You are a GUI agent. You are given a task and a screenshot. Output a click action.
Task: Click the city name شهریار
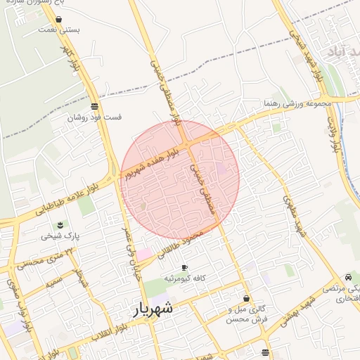(153, 309)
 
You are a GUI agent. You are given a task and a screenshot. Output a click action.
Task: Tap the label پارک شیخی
(60, 236)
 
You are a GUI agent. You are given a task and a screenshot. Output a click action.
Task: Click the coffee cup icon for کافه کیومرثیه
(185, 268)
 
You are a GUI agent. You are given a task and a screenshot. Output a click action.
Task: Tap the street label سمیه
(51, 285)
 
